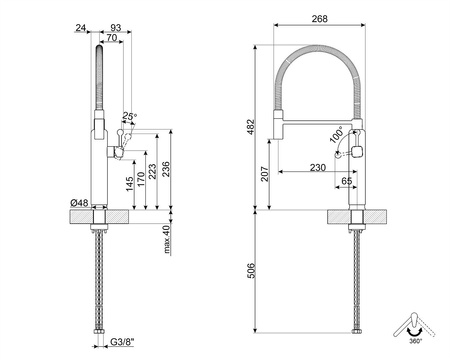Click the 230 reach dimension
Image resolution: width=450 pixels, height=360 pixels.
tap(318, 167)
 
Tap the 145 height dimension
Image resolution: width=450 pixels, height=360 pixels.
tap(132, 183)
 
